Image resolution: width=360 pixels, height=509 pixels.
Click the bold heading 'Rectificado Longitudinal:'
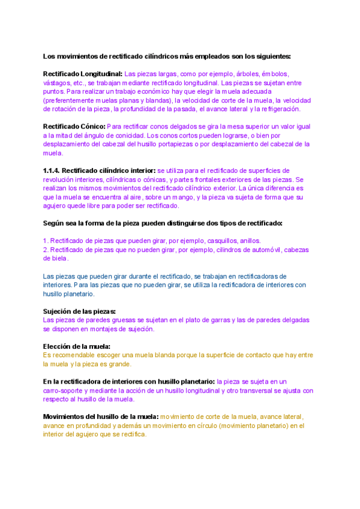[83, 73]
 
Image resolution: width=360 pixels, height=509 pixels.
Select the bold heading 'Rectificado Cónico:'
[74, 127]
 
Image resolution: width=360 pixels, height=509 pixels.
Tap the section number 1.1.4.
[51, 170]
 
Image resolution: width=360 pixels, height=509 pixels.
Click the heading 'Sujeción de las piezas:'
[79, 311]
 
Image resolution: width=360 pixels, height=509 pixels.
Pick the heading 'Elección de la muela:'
[76, 346]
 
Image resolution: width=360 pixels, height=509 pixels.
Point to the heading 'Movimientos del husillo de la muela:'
[101, 417]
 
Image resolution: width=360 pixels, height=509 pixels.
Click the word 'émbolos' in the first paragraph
[275, 73]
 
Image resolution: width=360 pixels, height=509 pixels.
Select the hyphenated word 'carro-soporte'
[64, 390]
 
